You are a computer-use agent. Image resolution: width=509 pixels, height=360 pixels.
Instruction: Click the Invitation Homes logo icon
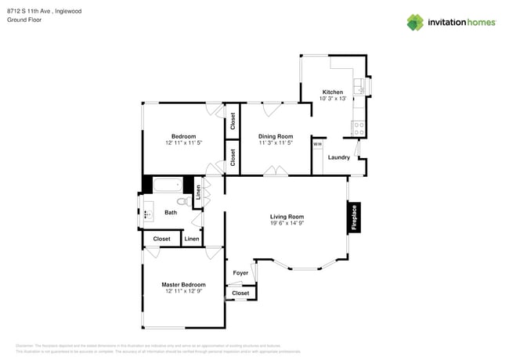pyautogui.click(x=415, y=22)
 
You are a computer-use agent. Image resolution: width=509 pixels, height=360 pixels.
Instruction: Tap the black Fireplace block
pyautogui.click(x=354, y=218)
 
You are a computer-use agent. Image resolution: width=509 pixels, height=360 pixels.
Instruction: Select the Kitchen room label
pyautogui.click(x=333, y=92)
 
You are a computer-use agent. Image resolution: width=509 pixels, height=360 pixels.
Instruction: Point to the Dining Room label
pyautogui.click(x=276, y=136)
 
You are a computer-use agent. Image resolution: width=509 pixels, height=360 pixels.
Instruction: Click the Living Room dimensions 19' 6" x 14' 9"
pyautogui.click(x=287, y=224)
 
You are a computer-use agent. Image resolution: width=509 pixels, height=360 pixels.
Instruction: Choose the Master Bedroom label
pyautogui.click(x=183, y=284)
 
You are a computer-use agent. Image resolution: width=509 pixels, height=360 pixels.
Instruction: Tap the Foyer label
pyautogui.click(x=240, y=273)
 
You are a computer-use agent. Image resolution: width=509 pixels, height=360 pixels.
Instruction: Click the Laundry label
pyautogui.click(x=338, y=157)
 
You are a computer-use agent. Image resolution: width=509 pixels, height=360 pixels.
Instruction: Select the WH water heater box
pyautogui.click(x=317, y=144)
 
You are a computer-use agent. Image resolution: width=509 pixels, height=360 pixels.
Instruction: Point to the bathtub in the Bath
pyautogui.click(x=166, y=185)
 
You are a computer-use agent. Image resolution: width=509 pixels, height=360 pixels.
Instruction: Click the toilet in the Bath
pyautogui.click(x=182, y=201)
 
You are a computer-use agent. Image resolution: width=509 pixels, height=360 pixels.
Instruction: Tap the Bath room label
pyautogui.click(x=171, y=212)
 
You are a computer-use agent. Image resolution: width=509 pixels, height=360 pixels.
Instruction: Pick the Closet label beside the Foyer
pyautogui.click(x=240, y=293)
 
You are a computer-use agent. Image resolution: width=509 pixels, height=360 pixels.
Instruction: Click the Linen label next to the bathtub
pyautogui.click(x=198, y=193)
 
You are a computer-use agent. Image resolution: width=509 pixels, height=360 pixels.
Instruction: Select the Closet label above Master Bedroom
pyautogui.click(x=161, y=239)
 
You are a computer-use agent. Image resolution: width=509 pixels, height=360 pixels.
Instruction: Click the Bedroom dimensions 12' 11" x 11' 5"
pyautogui.click(x=183, y=143)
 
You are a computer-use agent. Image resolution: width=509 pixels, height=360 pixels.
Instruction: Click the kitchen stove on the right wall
pyautogui.click(x=359, y=125)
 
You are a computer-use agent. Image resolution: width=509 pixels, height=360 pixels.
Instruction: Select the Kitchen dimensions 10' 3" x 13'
pyautogui.click(x=333, y=99)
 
